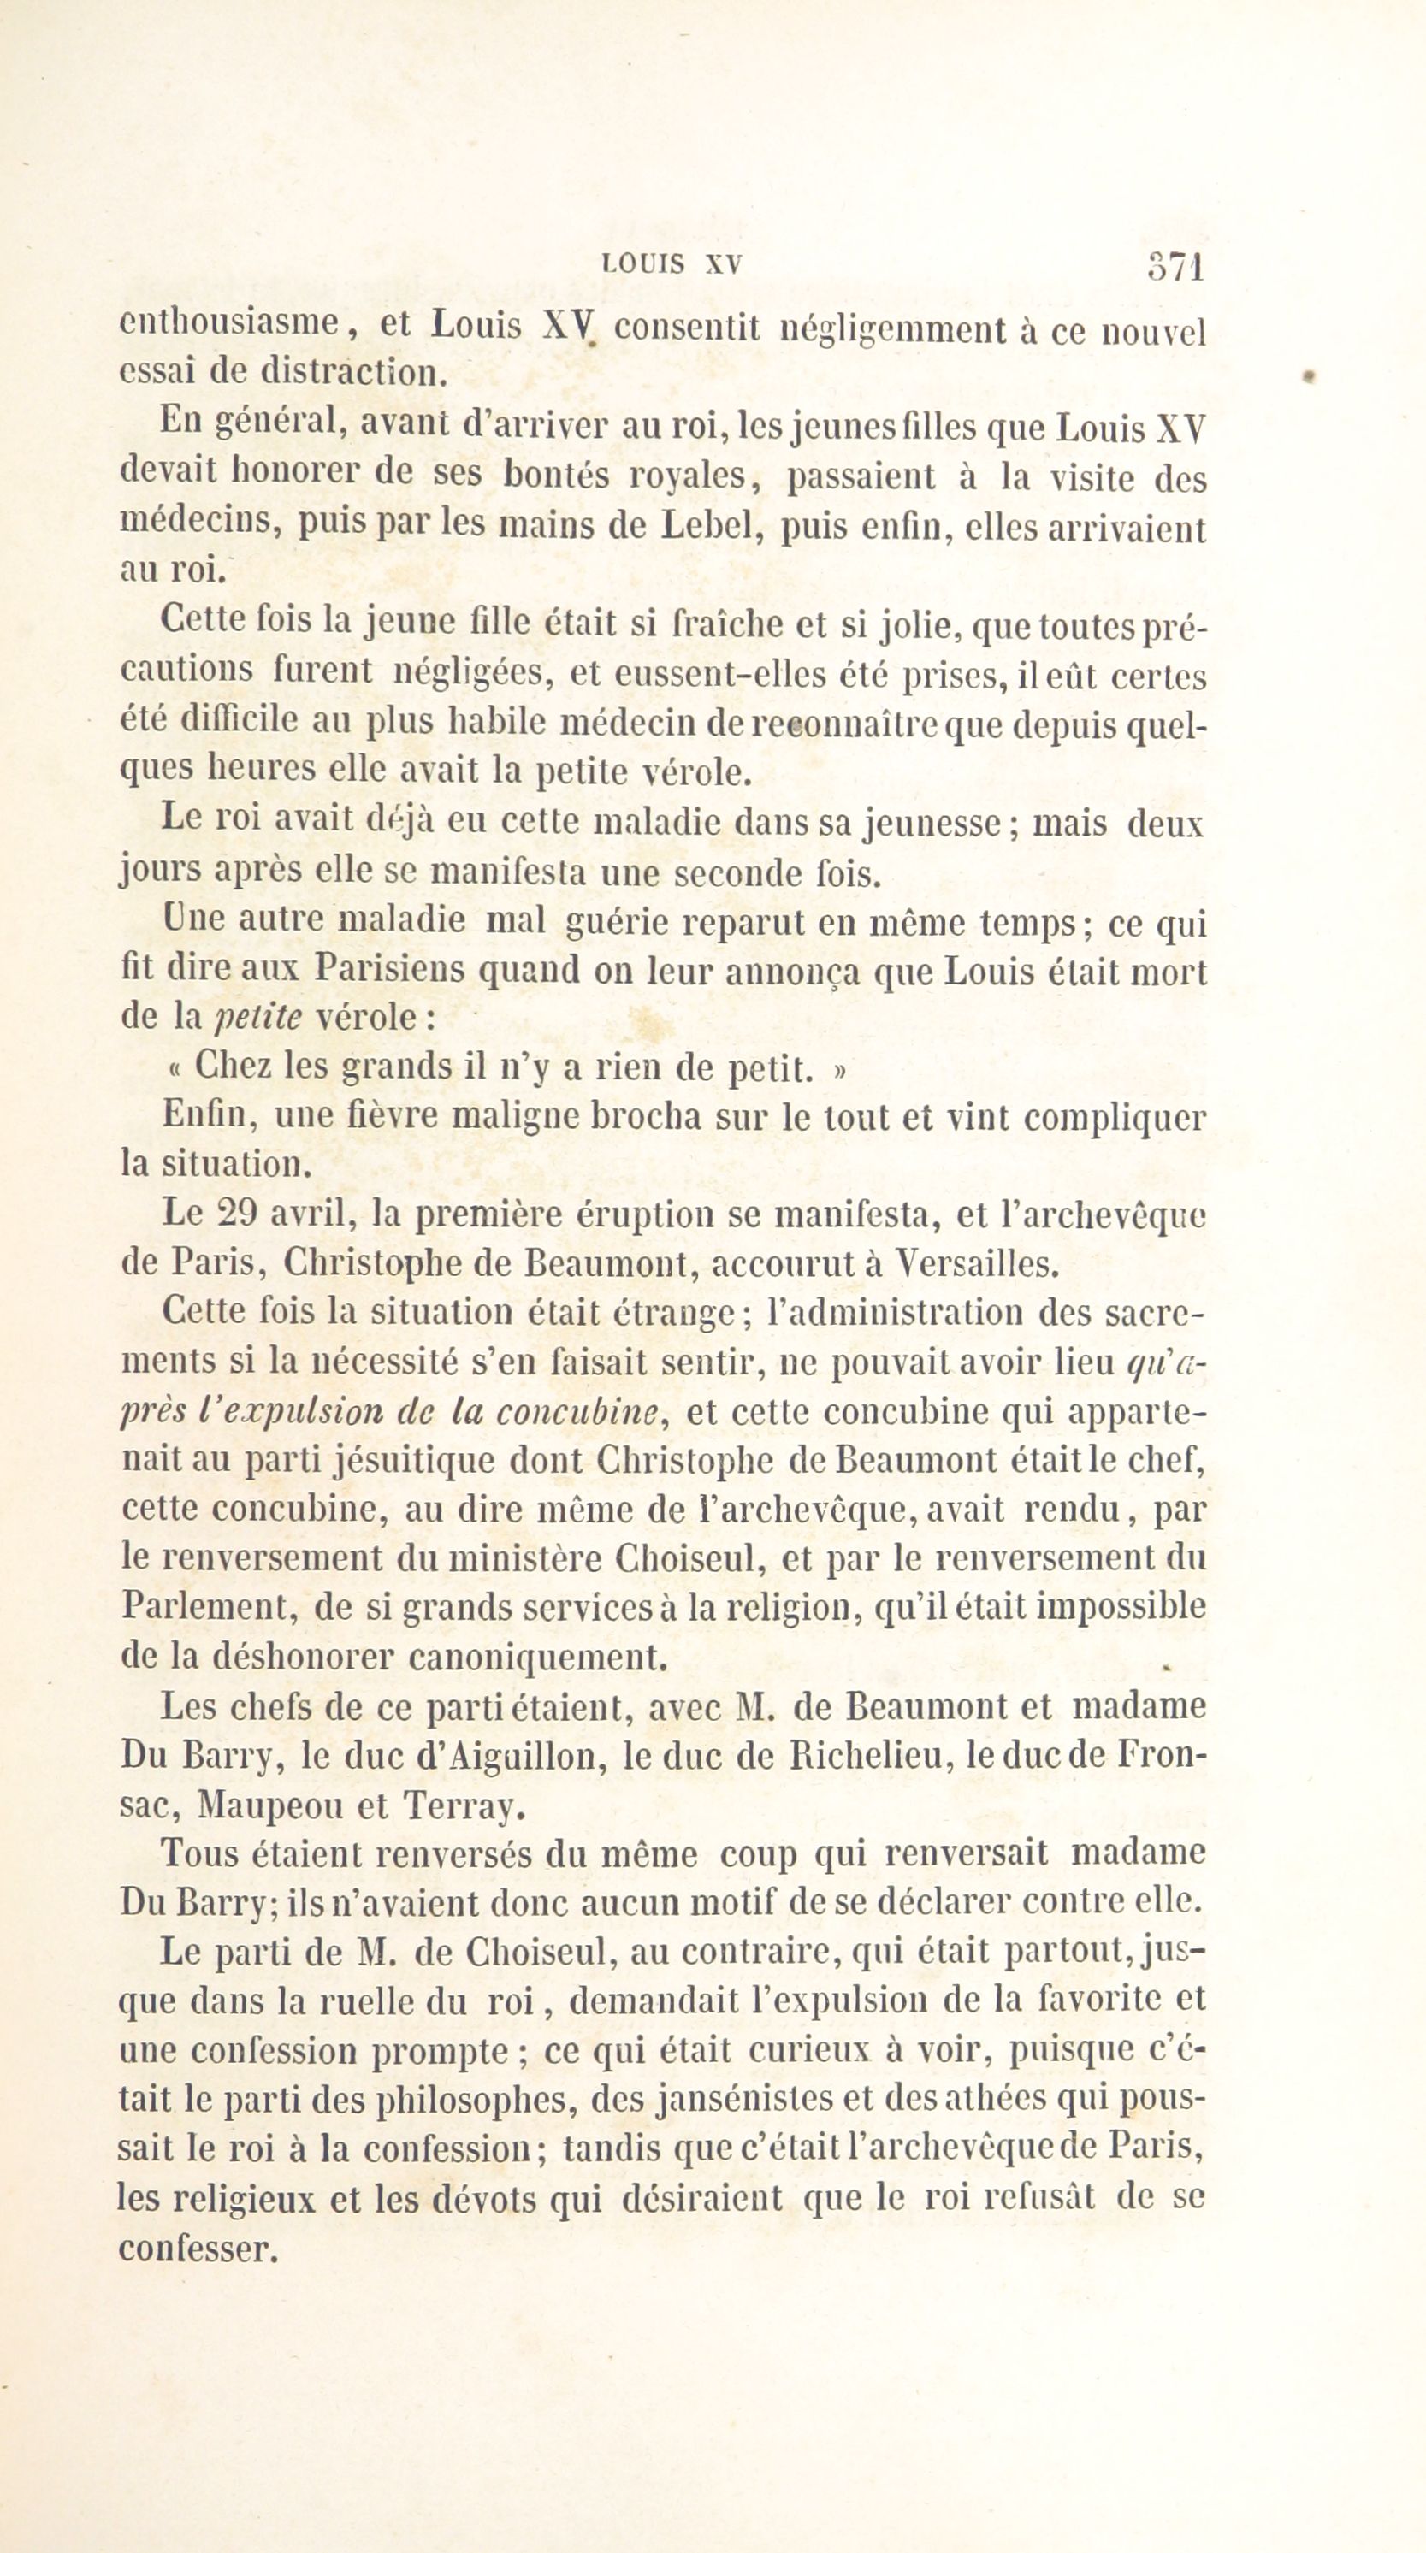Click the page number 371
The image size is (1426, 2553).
(x=1175, y=268)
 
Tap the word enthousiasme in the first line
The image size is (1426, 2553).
(x=230, y=324)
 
